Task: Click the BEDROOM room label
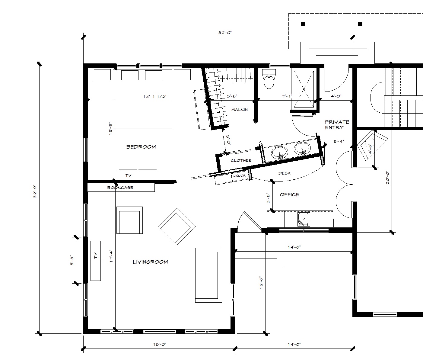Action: coord(141,147)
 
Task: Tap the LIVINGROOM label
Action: coord(150,262)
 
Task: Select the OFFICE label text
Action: coord(289,194)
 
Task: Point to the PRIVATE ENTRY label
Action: coord(337,125)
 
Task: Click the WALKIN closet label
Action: coord(239,110)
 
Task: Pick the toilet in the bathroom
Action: coord(269,80)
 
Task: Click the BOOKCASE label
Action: coord(120,188)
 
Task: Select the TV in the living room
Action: coord(96,260)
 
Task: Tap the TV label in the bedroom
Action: coord(129,175)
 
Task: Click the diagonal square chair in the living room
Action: coord(177,226)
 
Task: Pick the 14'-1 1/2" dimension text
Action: coord(155,97)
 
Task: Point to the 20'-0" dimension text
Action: coord(387,178)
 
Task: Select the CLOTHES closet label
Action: coord(241,160)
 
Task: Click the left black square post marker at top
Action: coord(303,24)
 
